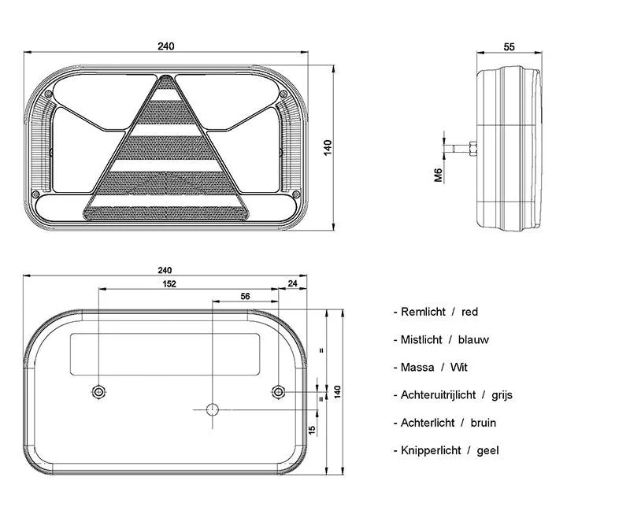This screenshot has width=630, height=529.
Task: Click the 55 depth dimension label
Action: pos(509,47)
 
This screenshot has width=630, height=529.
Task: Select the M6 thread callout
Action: pos(438,175)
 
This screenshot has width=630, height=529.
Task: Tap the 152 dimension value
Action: pos(169,284)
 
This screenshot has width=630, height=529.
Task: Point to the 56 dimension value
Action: pos(245,297)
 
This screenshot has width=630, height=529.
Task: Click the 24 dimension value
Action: pos(292,283)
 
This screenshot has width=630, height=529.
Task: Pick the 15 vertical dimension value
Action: pos(312,430)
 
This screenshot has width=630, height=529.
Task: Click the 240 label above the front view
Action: pos(166,46)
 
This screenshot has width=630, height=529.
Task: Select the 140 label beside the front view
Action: pos(328,148)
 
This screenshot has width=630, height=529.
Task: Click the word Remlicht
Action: pos(423,312)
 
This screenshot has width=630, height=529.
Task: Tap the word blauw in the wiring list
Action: pos(473,340)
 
